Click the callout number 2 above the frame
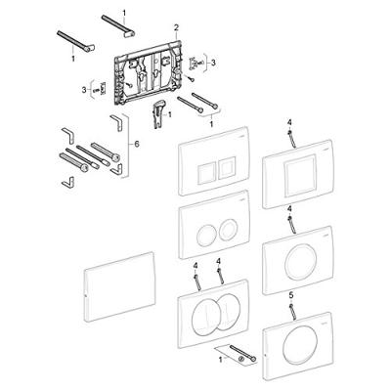tap(176, 28)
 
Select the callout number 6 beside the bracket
tap(137, 144)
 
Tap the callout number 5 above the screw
tap(291, 295)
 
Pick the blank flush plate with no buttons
tap(119, 286)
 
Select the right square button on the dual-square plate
tap(225, 167)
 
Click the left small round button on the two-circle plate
tap(205, 231)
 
